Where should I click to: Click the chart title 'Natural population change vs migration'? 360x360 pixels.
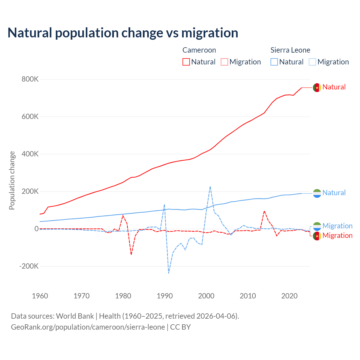pos(123,33)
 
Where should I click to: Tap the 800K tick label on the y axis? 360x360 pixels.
pos(30,79)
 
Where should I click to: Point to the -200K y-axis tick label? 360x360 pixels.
pos(29,266)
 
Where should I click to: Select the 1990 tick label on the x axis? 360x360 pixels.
pos(165,296)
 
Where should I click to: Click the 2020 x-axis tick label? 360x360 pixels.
pos(289,296)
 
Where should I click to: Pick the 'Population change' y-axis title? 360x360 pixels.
pos(12,180)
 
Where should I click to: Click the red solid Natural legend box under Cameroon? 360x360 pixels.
pos(186,62)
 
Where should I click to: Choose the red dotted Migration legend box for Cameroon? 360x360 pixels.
pos(224,62)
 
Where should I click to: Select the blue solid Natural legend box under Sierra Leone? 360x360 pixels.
pos(274,62)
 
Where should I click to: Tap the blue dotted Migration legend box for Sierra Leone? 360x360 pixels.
pos(312,62)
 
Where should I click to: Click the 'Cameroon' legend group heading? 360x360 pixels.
pos(199,50)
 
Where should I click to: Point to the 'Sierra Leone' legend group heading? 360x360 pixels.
pos(290,50)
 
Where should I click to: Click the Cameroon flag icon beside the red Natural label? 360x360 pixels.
pos(317,87)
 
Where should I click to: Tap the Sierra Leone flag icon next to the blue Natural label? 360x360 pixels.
pos(317,193)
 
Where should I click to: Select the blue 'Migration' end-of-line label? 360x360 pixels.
pos(337,226)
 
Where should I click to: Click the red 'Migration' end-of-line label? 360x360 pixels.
pos(337,235)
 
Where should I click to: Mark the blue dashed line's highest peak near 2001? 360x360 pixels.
pos(210,186)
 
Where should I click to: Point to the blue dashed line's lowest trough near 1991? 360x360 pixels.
pos(168,273)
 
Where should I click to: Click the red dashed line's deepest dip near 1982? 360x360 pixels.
pos(131,255)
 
